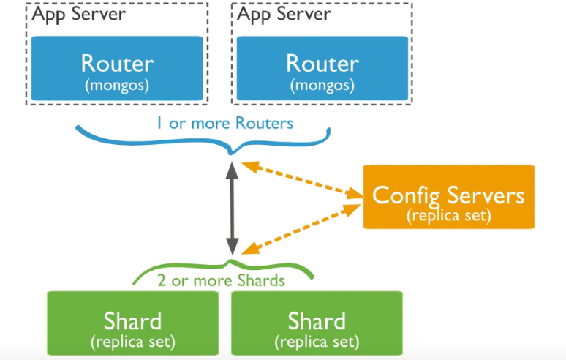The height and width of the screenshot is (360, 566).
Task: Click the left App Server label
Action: (x=78, y=15)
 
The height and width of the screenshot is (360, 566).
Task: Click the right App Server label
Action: (x=284, y=15)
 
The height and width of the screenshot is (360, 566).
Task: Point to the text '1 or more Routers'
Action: (x=224, y=123)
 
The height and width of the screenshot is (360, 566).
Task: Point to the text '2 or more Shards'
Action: (x=221, y=280)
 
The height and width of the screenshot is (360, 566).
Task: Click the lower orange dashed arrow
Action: (x=303, y=228)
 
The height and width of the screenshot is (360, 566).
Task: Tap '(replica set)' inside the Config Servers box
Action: (x=448, y=217)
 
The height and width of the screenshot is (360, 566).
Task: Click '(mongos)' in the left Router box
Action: (x=117, y=85)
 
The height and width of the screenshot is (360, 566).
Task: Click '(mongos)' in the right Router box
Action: (x=322, y=85)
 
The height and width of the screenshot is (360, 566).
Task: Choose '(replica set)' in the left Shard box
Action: (x=132, y=341)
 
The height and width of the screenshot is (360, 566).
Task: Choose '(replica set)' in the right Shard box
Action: (x=317, y=341)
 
